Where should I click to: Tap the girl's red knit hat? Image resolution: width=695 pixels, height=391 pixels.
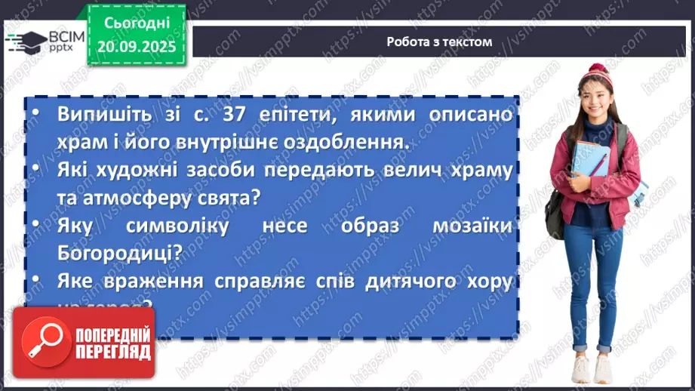(598, 75)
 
